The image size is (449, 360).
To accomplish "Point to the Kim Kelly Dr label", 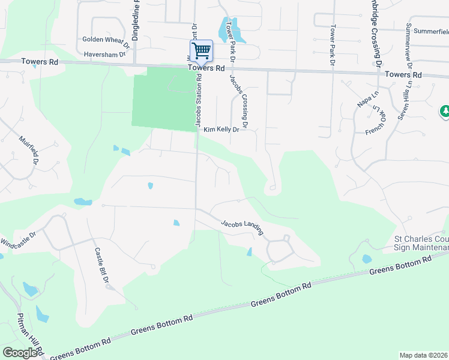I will point(221,129).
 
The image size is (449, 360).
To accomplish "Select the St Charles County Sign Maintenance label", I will point(420,243).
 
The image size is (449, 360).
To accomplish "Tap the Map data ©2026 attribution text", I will point(424,355).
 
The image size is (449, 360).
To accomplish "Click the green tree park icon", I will point(445,111).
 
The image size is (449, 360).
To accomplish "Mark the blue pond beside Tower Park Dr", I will point(231,29).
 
